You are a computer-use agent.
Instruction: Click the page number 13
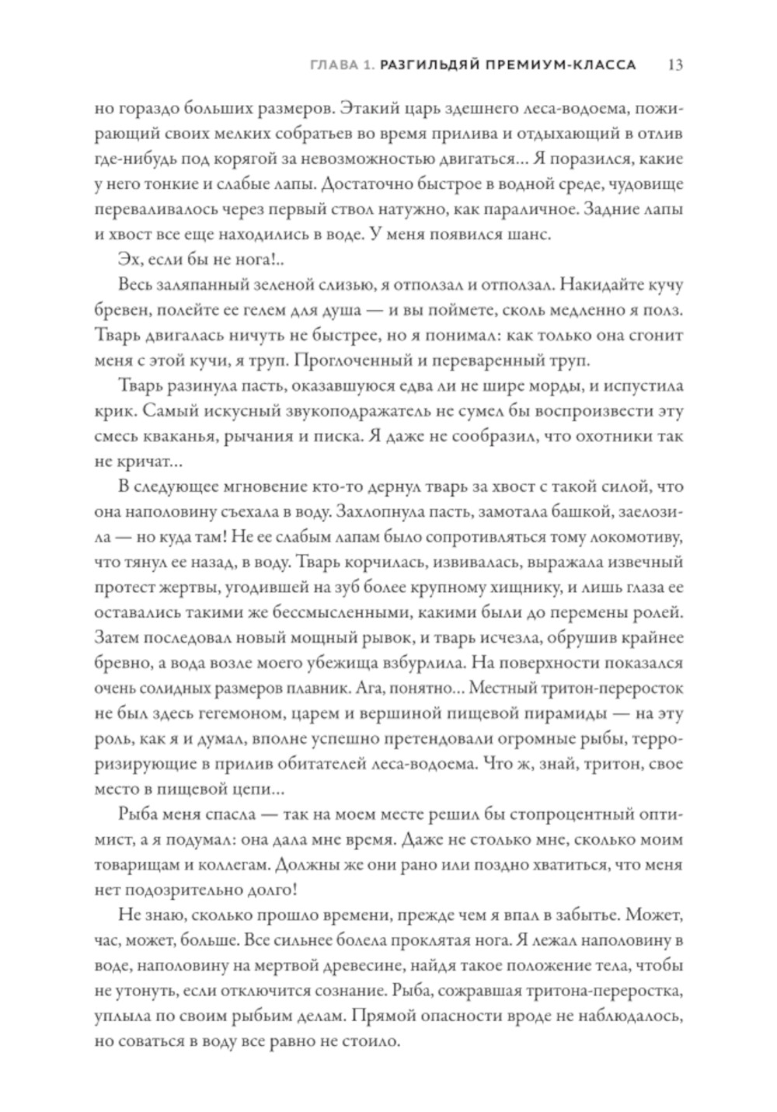tap(674, 65)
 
